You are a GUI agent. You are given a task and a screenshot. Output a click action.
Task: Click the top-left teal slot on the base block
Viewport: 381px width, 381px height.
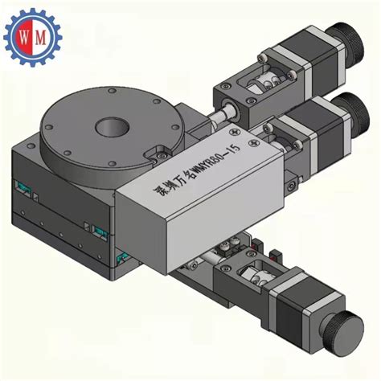click(x=27, y=192)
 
